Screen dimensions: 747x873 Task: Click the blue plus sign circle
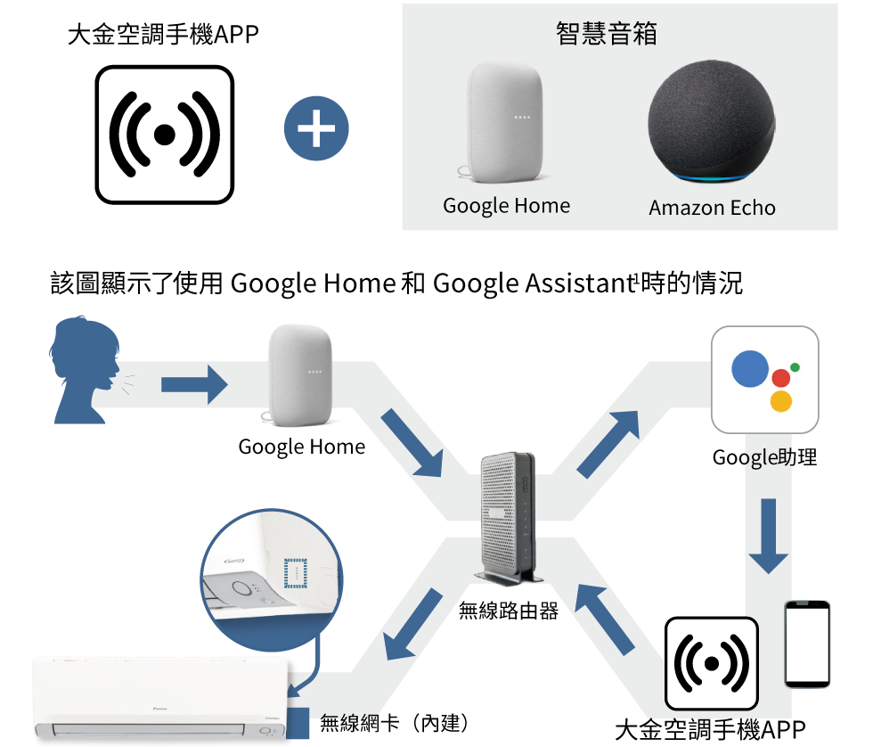(316, 130)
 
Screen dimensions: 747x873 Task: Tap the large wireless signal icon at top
(164, 134)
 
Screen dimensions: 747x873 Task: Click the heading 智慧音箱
(606, 34)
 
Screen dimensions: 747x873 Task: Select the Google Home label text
(506, 206)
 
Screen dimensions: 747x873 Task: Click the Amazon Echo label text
(712, 208)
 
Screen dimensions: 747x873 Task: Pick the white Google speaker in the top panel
(504, 119)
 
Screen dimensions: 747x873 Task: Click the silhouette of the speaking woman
(86, 370)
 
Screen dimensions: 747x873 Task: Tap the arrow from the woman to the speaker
(194, 385)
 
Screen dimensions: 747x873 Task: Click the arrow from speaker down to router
(412, 444)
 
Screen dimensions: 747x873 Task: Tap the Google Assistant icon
(764, 380)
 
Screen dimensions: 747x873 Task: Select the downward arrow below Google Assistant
(768, 535)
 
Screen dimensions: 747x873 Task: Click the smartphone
(807, 644)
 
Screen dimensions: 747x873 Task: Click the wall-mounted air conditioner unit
(161, 700)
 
